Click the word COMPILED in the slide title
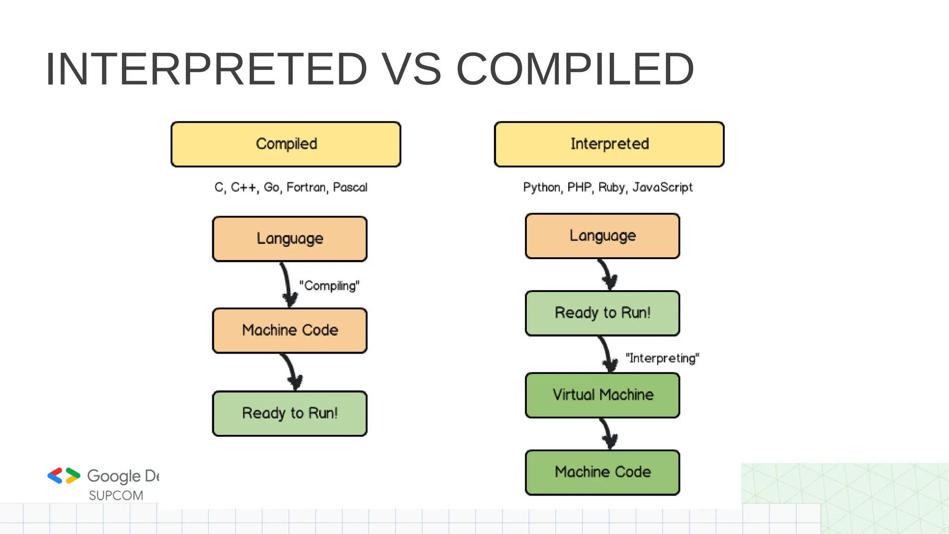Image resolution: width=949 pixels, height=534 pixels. tap(575, 70)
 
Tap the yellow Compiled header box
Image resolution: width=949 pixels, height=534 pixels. tap(286, 144)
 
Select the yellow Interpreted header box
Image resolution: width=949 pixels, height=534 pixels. tap(609, 144)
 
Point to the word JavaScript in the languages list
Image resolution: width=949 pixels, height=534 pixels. tap(662, 187)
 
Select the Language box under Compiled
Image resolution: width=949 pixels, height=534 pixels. tap(290, 239)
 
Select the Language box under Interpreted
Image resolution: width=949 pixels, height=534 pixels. tap(602, 236)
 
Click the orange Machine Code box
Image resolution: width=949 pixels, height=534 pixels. tap(290, 331)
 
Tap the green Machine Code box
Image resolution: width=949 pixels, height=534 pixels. tap(602, 472)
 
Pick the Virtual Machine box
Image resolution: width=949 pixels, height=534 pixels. tap(602, 395)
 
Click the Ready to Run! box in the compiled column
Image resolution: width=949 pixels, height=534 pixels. tap(290, 413)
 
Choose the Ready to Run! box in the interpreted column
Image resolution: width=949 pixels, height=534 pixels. tap(602, 313)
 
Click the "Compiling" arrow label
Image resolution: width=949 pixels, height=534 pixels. tap(329, 286)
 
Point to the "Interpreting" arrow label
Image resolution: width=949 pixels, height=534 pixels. tap(662, 358)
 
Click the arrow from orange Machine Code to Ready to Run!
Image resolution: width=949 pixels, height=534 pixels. tap(292, 372)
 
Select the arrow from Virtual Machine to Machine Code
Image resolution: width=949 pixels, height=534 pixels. tap(608, 434)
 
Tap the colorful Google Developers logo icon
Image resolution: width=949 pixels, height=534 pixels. tap(64, 476)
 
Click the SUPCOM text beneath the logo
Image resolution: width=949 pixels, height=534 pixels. tap(116, 496)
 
